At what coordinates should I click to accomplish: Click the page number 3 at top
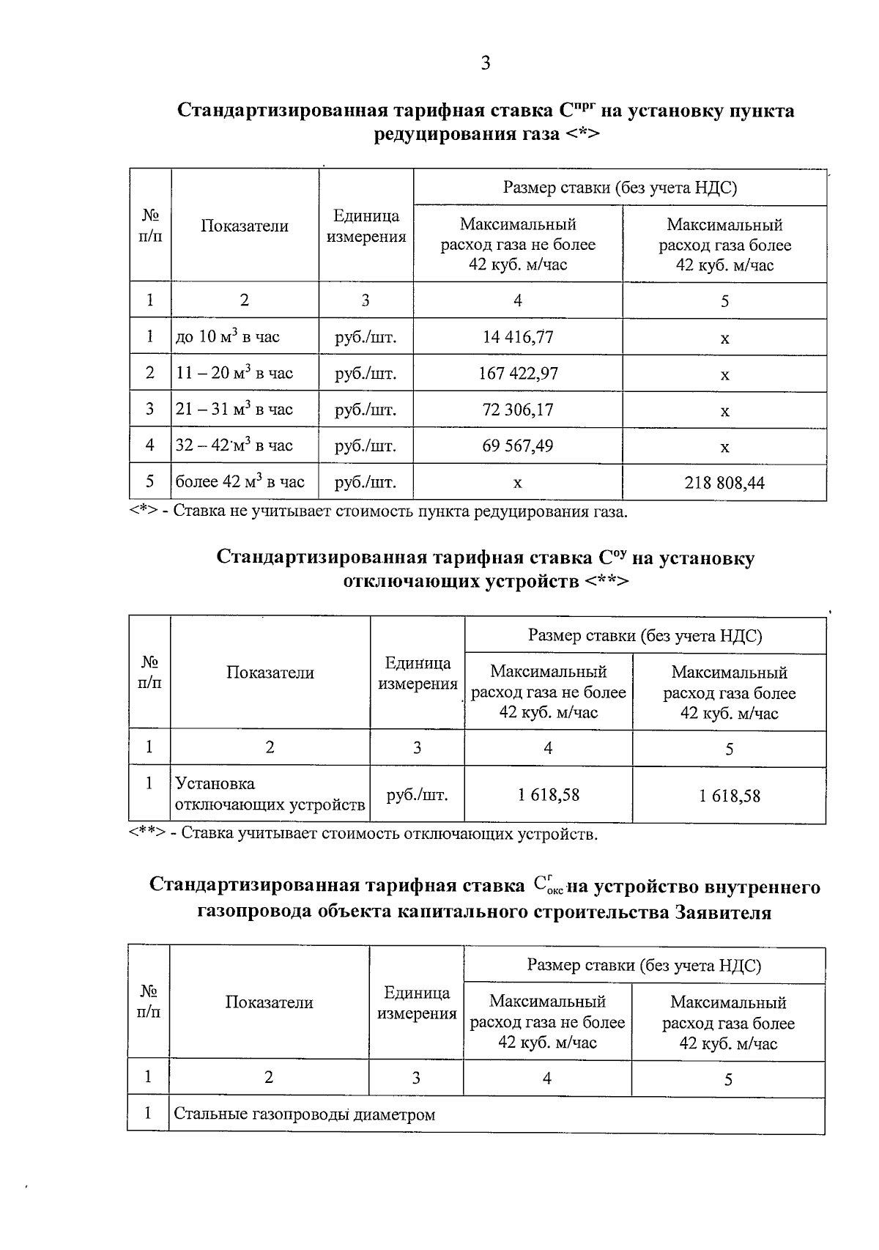click(485, 63)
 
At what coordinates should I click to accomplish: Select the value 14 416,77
click(518, 337)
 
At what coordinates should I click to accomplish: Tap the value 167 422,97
click(518, 374)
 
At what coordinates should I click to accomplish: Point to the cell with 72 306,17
click(518, 410)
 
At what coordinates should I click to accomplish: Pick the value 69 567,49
click(518, 445)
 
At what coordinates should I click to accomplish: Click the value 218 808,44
click(724, 483)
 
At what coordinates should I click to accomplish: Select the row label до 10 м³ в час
click(227, 337)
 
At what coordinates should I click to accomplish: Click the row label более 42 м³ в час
click(240, 482)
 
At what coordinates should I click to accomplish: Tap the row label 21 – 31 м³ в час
click(234, 410)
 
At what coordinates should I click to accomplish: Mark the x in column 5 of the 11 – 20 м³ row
click(724, 375)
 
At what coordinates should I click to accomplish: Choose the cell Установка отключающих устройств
click(270, 794)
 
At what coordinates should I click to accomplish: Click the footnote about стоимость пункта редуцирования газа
click(379, 511)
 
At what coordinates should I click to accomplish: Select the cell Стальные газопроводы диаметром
click(304, 1114)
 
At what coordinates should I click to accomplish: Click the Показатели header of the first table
click(245, 226)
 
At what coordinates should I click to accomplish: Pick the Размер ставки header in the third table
click(644, 965)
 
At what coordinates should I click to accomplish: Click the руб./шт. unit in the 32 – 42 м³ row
click(366, 445)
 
